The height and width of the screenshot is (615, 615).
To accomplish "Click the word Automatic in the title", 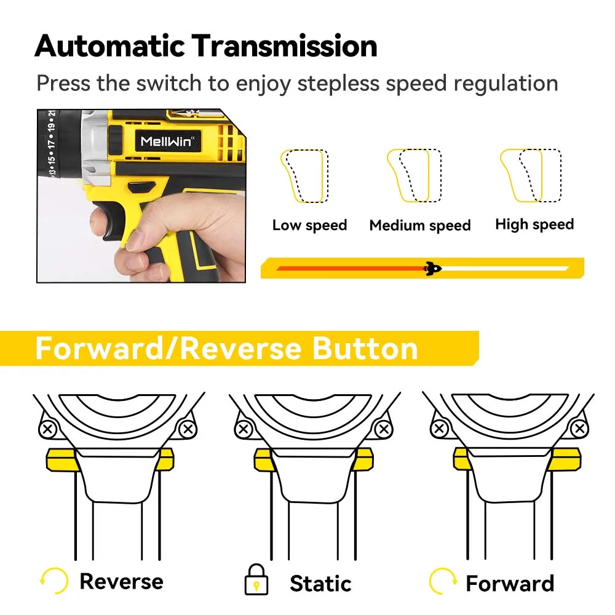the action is click(x=110, y=46).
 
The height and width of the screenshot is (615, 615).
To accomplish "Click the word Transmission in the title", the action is click(x=285, y=46).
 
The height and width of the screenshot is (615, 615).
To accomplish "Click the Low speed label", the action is click(x=310, y=225).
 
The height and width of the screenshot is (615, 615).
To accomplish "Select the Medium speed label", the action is click(x=420, y=225).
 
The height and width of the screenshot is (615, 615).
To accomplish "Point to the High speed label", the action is click(x=534, y=224).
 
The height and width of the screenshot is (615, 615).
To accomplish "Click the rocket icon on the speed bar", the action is click(x=432, y=268).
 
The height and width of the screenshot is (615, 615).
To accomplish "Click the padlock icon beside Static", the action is click(x=256, y=580).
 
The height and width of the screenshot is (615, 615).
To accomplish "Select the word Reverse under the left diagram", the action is click(x=122, y=581).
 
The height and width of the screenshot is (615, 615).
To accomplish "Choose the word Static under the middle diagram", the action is click(x=320, y=583).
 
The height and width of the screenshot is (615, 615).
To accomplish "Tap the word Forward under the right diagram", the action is click(x=510, y=583).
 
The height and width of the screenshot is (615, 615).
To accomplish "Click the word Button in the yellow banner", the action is click(x=365, y=348).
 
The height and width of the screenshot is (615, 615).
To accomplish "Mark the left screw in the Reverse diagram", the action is click(x=48, y=429).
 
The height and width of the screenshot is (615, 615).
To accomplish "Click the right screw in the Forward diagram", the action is click(x=580, y=429).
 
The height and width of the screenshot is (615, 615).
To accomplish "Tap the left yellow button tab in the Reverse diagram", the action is click(x=62, y=459).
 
